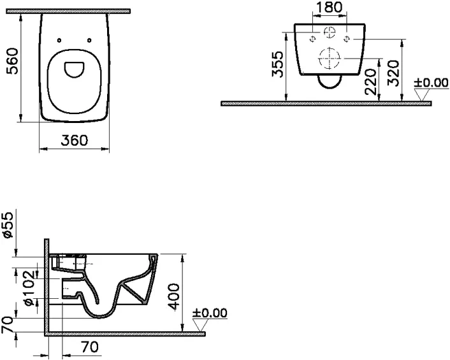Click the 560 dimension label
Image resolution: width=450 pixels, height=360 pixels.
click(x=13, y=61)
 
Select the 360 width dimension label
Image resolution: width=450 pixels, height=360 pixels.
click(x=75, y=140)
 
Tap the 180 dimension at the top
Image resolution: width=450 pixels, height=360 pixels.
click(x=330, y=7)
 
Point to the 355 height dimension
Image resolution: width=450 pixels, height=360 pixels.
click(x=277, y=64)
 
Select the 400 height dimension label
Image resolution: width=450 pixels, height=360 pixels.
click(x=174, y=297)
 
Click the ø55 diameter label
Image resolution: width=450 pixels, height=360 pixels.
click(x=8, y=225)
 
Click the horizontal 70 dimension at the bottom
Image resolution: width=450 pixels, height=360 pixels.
click(x=89, y=347)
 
